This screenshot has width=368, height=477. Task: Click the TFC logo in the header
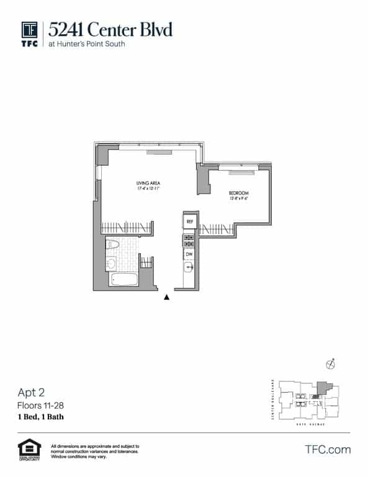coord(30,34)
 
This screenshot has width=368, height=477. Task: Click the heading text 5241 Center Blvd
coord(110,29)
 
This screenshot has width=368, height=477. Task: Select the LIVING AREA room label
coord(148,183)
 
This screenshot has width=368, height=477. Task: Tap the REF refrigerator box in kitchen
coord(189,221)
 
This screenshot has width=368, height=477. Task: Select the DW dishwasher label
coord(189,254)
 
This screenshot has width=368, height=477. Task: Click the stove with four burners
coord(189,240)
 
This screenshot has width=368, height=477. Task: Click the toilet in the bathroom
coord(112,247)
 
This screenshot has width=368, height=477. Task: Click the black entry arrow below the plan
coord(166,298)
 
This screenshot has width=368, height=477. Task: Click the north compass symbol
coord(331,365)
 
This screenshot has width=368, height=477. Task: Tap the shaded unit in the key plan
coord(320,387)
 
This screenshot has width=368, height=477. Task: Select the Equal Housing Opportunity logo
coord(29,450)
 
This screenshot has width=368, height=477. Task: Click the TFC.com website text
coord(328,450)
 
